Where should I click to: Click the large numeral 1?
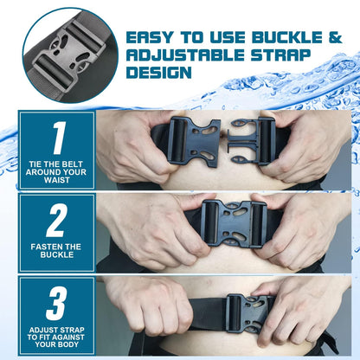pyautogui.click(x=56, y=138)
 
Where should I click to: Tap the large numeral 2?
pyautogui.click(x=56, y=220)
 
